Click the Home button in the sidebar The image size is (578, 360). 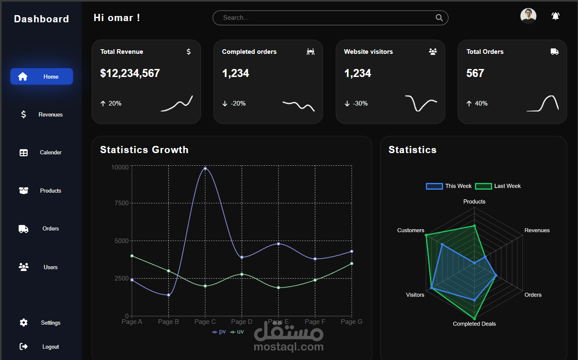[x=42, y=77]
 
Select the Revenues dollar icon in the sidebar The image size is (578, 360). [x=24, y=114]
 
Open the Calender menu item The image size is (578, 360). [x=50, y=153]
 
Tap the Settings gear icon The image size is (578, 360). [x=24, y=323]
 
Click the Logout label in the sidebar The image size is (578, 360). [x=50, y=347]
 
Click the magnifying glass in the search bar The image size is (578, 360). [x=439, y=18]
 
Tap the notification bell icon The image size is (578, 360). [x=555, y=16]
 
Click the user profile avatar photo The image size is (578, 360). [x=528, y=16]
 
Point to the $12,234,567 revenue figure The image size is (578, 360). [x=130, y=73]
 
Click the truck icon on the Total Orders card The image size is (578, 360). [x=554, y=52]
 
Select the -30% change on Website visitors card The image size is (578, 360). [x=360, y=103]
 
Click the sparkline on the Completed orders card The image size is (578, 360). [x=298, y=105]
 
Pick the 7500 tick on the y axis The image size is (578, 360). [x=121, y=203]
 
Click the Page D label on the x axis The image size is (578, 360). [x=241, y=322]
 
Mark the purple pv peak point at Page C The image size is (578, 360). [x=205, y=168]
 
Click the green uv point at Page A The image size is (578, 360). [x=132, y=256]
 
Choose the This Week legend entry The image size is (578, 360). [x=449, y=186]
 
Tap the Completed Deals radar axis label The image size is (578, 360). [x=474, y=324]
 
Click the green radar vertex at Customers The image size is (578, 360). [x=426, y=235]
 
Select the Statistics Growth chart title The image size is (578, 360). [x=144, y=150]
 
